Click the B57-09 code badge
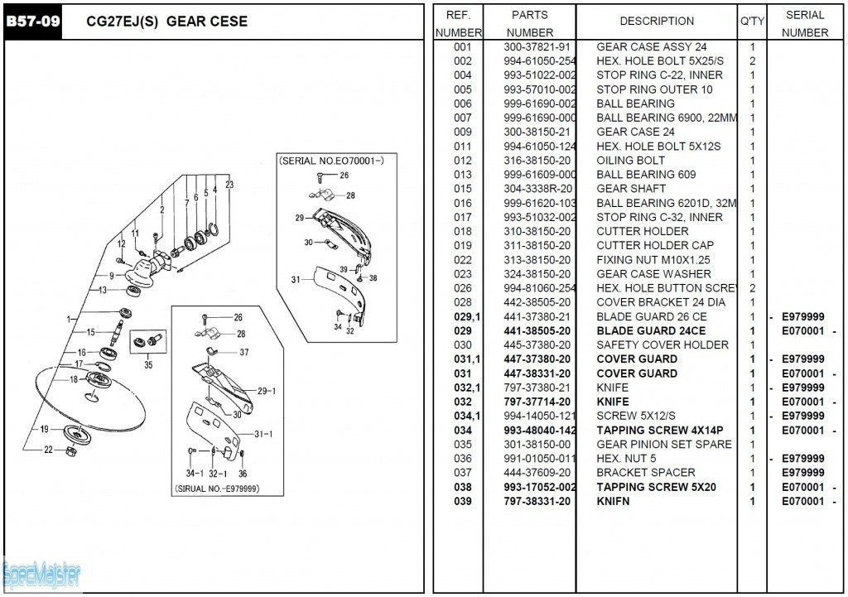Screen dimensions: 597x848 33,22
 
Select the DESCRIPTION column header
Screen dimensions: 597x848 657,22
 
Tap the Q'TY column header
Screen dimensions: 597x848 752,22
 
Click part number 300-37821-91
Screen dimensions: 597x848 537,47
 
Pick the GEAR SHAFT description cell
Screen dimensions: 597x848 630,189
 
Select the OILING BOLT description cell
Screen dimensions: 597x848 630,161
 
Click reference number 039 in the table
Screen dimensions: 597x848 463,502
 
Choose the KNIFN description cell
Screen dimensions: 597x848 613,502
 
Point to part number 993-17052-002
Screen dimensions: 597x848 540,488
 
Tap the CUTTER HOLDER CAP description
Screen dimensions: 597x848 654,246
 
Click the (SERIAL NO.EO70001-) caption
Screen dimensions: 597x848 331,159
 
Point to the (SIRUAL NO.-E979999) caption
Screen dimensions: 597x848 217,489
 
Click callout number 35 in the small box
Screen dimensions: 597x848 148,363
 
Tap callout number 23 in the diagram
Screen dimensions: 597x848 229,185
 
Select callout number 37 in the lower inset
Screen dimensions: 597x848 243,352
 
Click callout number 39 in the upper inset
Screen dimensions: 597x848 344,270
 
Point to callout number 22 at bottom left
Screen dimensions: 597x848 48,450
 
